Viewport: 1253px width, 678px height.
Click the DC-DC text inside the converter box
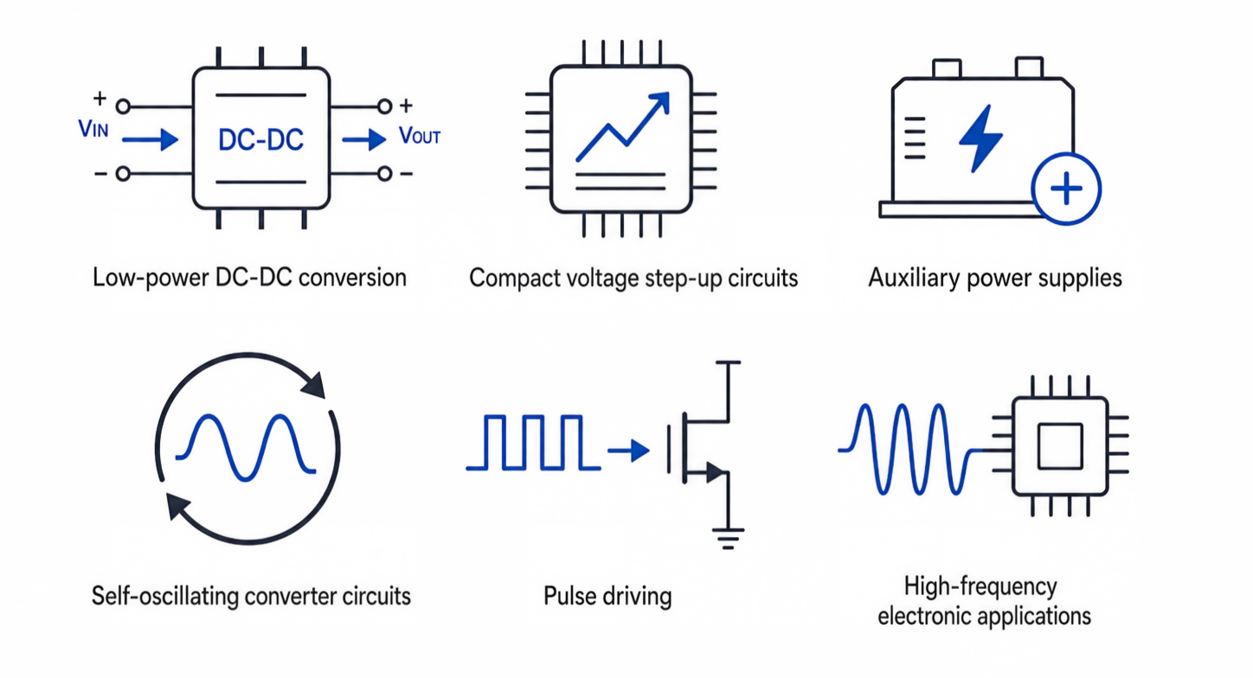click(x=260, y=140)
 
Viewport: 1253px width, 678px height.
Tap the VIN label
click(x=93, y=129)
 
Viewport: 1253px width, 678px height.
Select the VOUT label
click(x=420, y=136)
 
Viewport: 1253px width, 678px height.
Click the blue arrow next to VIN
click(x=150, y=139)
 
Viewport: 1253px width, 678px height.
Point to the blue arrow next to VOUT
click(x=363, y=139)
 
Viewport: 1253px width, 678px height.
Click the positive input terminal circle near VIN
click(x=123, y=106)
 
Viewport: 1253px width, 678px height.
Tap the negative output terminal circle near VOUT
click(x=384, y=174)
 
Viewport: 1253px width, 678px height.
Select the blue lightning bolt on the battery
click(x=980, y=138)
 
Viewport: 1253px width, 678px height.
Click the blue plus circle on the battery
click(x=1066, y=189)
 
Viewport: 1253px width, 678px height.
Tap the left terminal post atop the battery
click(x=947, y=68)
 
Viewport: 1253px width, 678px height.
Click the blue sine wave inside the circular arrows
click(x=246, y=447)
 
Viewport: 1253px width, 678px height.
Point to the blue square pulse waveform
click(x=533, y=442)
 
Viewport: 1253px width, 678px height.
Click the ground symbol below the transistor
click(x=728, y=539)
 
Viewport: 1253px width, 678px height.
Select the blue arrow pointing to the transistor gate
click(x=629, y=451)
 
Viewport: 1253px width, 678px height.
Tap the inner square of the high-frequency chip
click(x=1060, y=446)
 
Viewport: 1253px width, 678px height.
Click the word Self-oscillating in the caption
click(x=165, y=597)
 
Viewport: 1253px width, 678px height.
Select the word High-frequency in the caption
click(x=980, y=587)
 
